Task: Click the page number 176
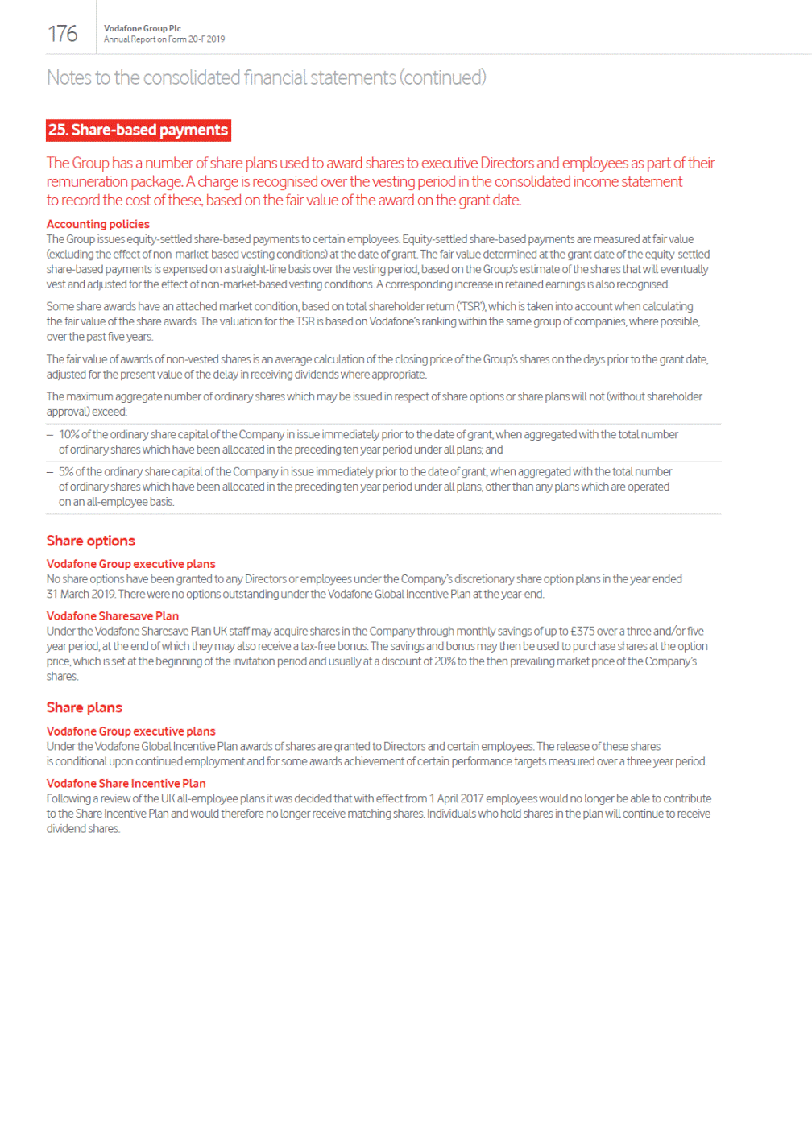63,34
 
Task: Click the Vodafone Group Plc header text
142,28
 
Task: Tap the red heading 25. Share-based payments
138,130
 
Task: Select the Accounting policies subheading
97,224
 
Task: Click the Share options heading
90,541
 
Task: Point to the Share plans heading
84,707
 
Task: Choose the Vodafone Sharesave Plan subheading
112,616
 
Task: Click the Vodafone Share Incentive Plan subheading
126,783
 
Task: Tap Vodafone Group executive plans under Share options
130,564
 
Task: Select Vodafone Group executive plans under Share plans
130,731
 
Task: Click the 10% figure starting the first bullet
68,435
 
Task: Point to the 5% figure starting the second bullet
66,472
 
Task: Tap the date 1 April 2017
456,799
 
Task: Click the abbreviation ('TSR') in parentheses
471,307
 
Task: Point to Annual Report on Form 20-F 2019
164,39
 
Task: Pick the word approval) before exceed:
68,412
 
